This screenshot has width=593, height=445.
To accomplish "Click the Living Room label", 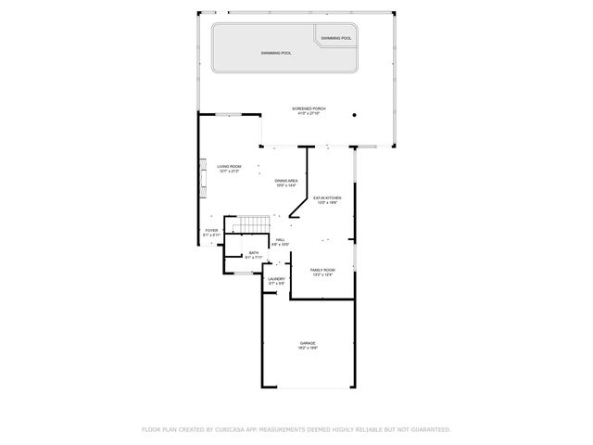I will point(229,166).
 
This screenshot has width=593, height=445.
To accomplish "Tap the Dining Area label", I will point(285,180).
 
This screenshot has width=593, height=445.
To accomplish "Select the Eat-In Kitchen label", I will point(326,197).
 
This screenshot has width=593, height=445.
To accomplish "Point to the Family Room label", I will point(322,269).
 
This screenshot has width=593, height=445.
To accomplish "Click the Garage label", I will point(308,342).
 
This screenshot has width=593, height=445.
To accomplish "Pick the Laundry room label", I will point(276,278).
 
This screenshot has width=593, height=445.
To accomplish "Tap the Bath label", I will point(253,252).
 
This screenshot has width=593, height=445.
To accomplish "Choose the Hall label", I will point(280,239).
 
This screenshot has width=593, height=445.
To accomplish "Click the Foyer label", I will point(211,230).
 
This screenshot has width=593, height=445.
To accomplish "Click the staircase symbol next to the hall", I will point(249,225).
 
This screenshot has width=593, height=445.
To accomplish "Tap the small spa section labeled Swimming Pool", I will point(336,38).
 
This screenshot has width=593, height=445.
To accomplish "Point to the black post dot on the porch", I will point(354,116).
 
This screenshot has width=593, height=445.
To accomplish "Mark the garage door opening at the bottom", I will point(308,388).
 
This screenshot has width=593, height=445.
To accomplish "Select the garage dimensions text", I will point(308,348).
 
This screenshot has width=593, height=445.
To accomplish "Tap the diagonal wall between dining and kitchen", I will point(299,205).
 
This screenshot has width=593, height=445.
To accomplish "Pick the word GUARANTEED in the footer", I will point(428,429).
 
